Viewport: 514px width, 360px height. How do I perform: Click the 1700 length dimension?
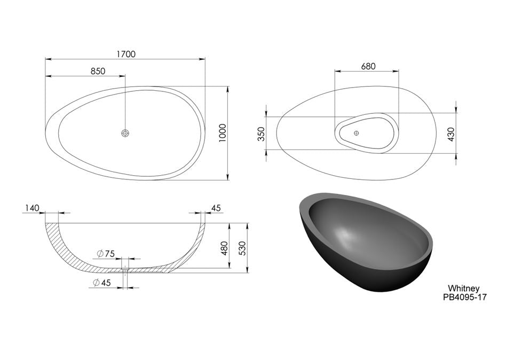[126, 54]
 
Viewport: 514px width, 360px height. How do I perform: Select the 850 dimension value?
[98, 71]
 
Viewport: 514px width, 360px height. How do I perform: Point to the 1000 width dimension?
[223, 132]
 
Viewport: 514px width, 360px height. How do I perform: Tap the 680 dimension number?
[368, 66]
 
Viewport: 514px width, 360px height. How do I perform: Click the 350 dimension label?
[261, 134]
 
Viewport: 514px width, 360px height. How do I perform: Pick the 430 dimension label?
[451, 134]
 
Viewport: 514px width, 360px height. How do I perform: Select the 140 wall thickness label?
[32, 208]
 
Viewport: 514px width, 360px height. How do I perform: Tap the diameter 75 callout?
[106, 253]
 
